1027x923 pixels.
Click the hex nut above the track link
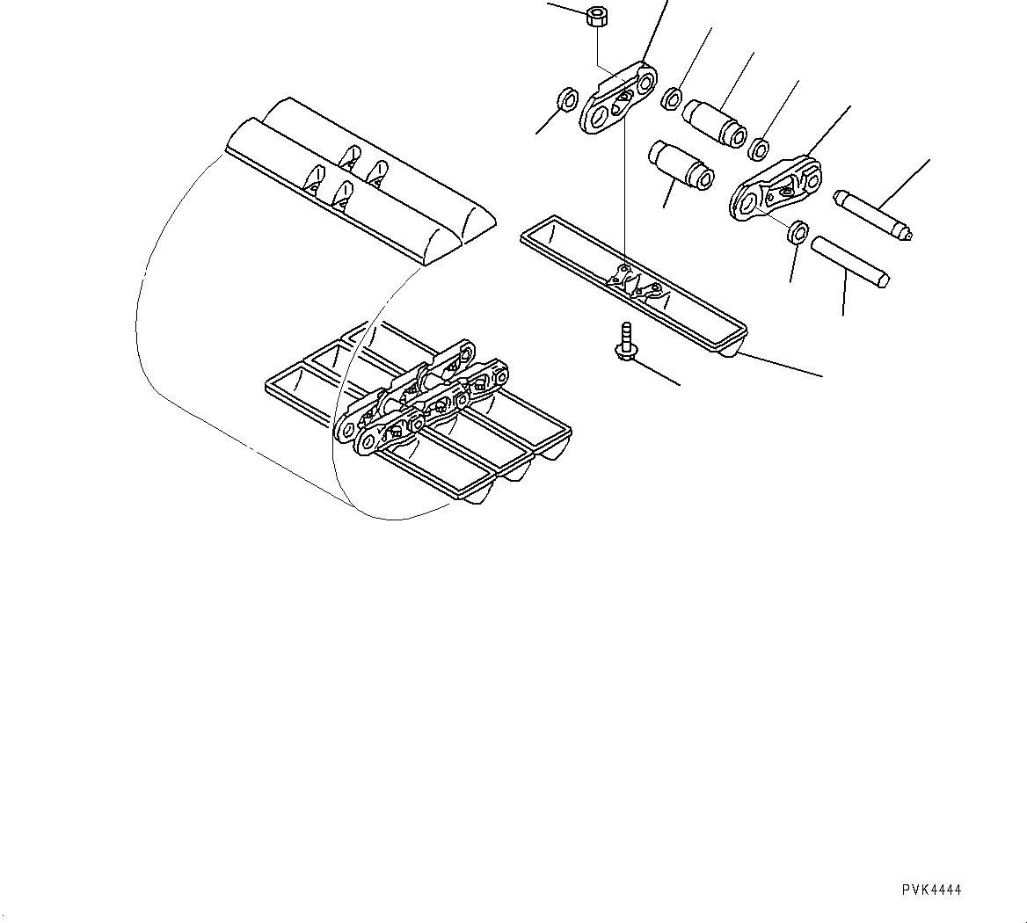coord(597,15)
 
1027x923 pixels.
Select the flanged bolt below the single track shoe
coord(625,344)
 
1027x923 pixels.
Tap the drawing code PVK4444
coord(931,890)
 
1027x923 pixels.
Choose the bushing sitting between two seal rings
coord(716,121)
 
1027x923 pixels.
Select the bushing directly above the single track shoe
coord(680,164)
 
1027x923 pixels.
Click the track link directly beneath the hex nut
coord(617,99)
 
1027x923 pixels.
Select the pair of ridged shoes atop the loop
coord(361,180)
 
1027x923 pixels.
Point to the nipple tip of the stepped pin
coord(907,234)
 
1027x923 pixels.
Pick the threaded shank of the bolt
coord(625,333)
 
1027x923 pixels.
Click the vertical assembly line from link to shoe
coord(623,193)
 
